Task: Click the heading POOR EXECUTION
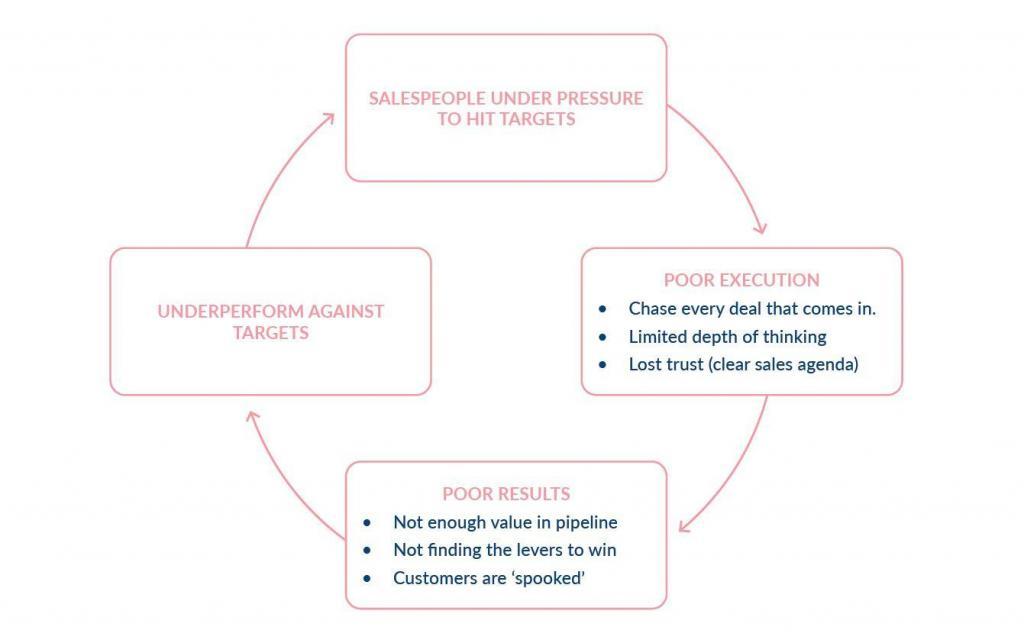click(741, 280)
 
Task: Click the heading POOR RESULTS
click(506, 494)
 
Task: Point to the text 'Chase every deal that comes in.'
click(752, 308)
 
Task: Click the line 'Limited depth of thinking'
click(727, 336)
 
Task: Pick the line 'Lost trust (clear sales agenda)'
click(743, 364)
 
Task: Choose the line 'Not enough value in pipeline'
click(505, 522)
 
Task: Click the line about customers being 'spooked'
click(488, 578)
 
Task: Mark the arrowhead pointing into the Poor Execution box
click(761, 229)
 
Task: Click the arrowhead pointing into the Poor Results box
click(684, 526)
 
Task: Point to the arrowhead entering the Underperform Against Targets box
click(252, 415)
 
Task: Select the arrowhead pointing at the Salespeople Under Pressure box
click(331, 117)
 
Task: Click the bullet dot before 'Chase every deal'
click(602, 309)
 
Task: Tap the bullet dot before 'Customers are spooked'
click(367, 579)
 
